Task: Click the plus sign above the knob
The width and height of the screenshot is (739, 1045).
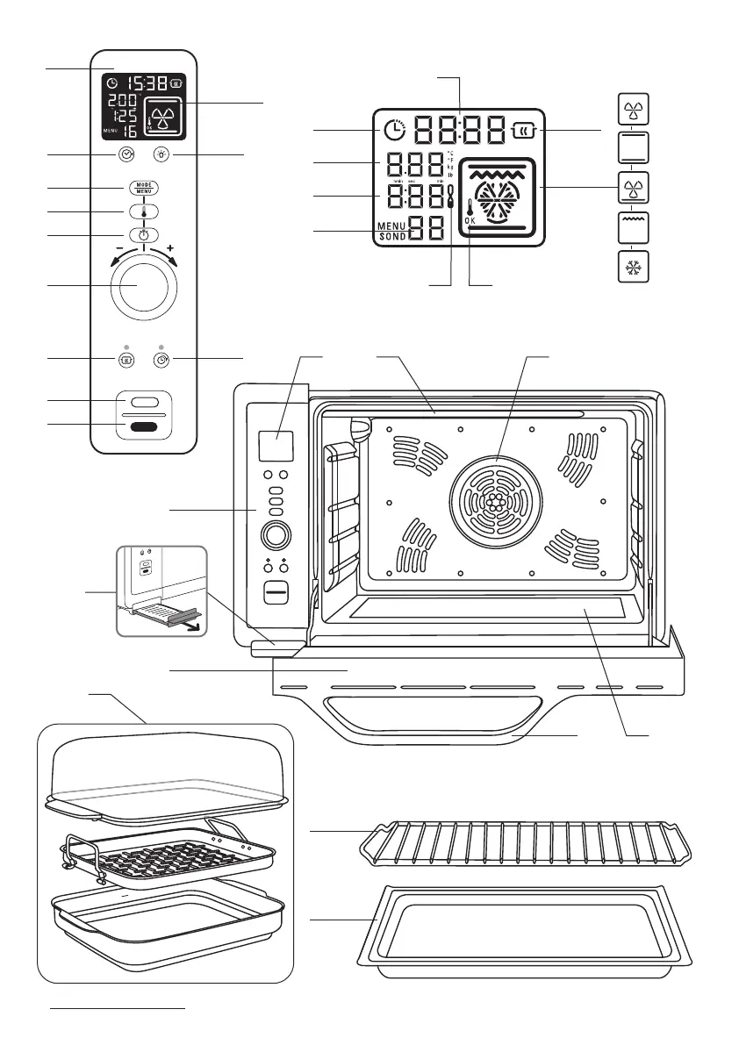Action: click(169, 247)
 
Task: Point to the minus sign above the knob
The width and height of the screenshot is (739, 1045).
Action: click(117, 247)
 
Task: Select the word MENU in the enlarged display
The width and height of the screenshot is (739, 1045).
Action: click(393, 226)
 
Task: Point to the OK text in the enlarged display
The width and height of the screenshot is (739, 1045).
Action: click(471, 221)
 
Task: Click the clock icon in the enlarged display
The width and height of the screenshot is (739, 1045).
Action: click(395, 131)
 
